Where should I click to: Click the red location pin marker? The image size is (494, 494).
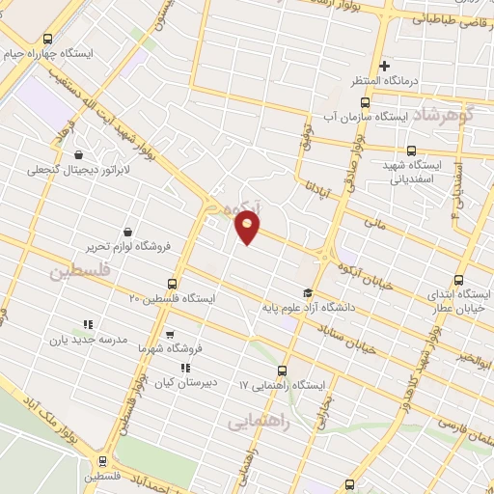248,228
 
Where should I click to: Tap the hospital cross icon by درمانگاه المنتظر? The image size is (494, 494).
385,67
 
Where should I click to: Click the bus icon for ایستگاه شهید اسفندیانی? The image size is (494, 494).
412,151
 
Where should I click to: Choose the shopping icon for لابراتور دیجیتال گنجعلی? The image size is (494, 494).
78,154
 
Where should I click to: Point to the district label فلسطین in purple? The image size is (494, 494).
78,272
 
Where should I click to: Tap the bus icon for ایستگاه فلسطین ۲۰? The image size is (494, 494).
173,284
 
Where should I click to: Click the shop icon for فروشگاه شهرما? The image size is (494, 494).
171,335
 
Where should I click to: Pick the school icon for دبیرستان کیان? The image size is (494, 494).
184,368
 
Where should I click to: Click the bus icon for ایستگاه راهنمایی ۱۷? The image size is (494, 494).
282,371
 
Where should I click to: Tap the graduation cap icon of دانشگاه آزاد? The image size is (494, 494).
308,293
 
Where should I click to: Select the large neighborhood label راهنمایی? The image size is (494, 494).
254,423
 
